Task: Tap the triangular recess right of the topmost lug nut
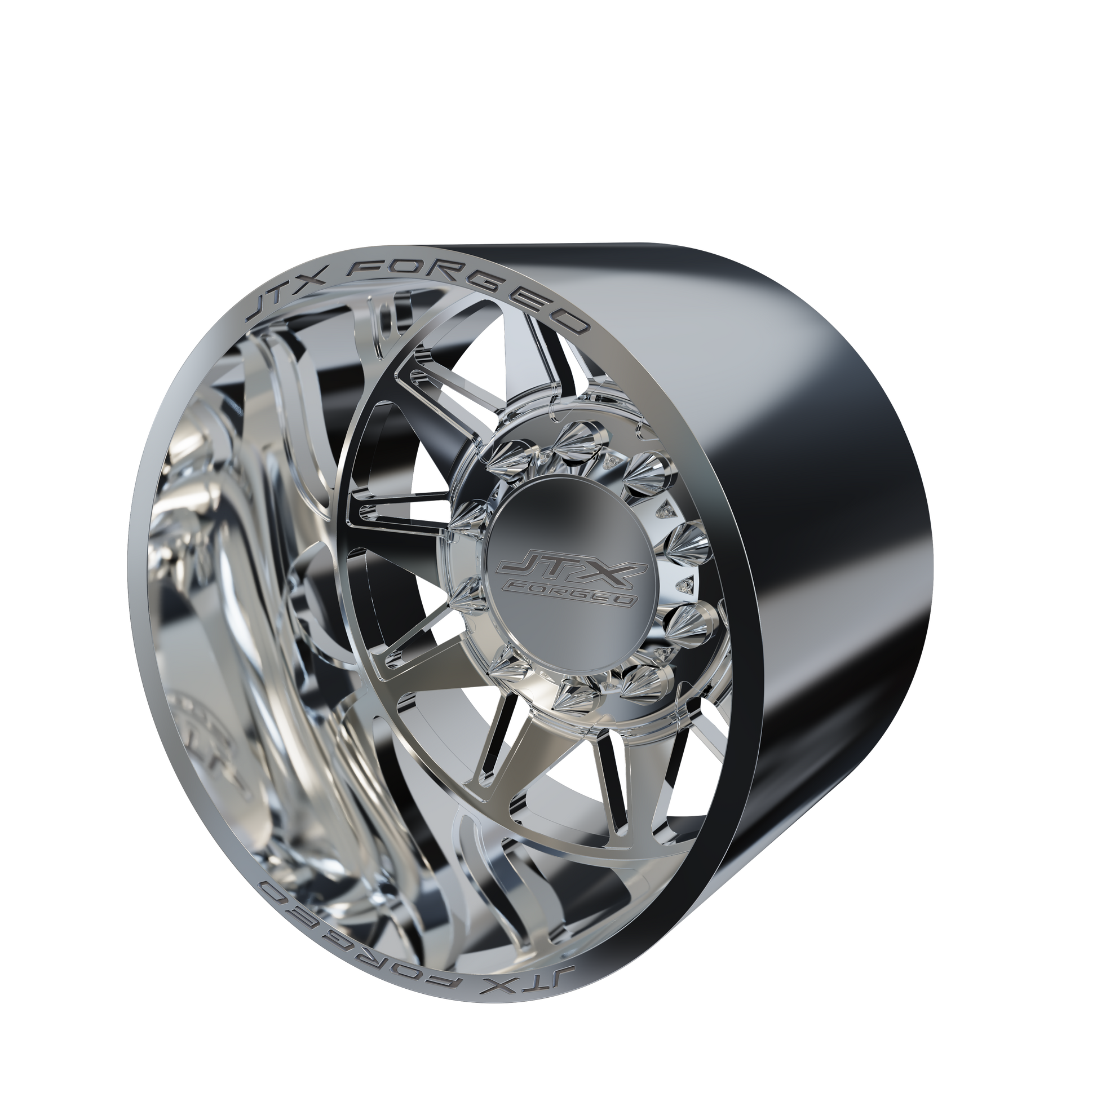pos(612,441)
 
